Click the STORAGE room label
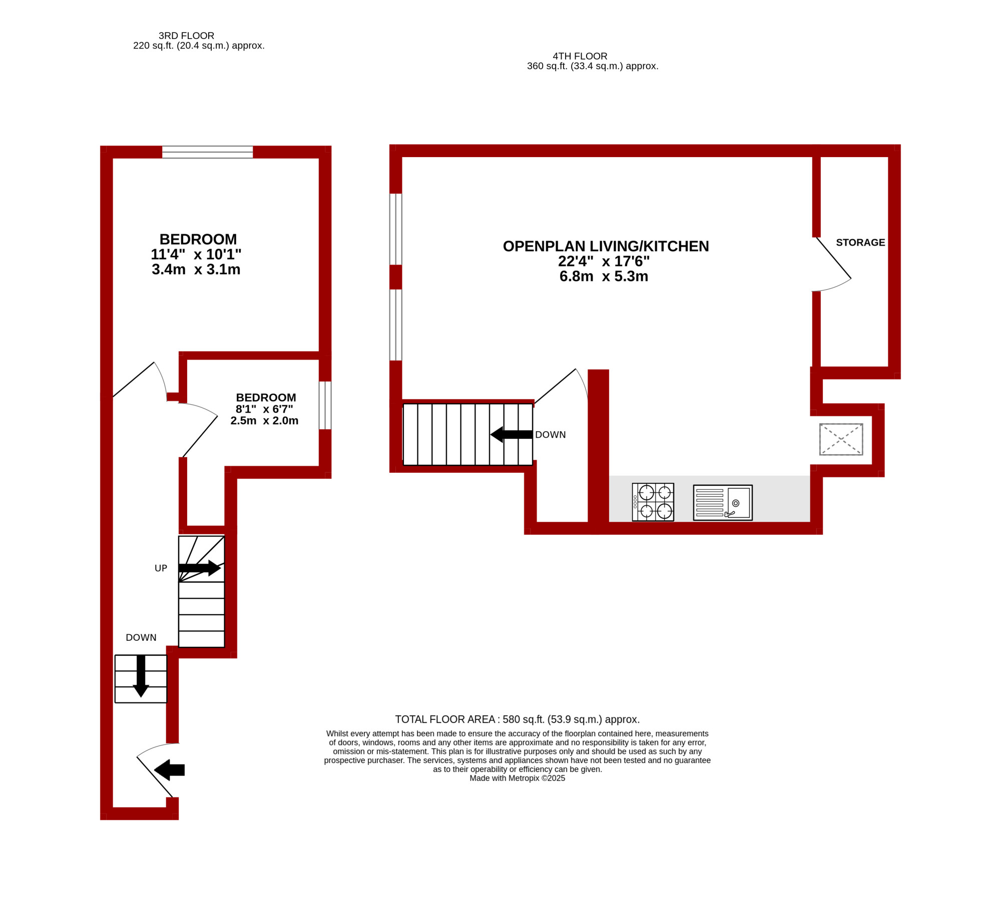860,243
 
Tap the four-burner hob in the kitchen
653,502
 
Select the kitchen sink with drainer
723,502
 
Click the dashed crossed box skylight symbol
841,439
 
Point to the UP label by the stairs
161,568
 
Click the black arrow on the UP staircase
200,568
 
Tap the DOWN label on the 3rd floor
141,637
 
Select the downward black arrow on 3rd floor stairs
141,676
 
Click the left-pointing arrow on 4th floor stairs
512,434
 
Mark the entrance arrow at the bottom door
170,770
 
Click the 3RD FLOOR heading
186,36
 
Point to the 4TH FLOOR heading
580,56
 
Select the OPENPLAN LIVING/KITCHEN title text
606,246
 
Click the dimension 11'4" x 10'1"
196,254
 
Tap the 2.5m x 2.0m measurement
264,420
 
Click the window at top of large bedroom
208,152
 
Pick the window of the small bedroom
325,405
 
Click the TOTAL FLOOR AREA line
518,719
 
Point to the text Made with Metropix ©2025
518,778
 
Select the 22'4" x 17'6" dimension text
604,261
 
